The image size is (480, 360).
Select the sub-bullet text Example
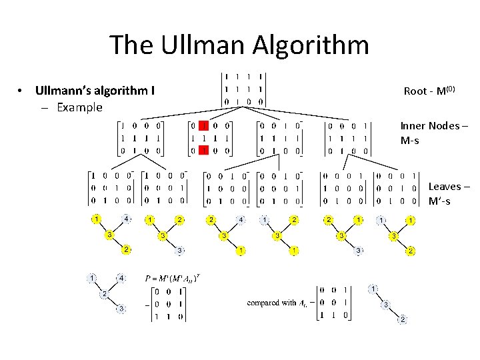click(79, 107)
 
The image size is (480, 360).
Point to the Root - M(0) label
click(429, 91)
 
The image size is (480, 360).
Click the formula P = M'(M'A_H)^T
click(173, 277)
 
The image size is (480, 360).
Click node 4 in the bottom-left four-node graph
click(121, 277)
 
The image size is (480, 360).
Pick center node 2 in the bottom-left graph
click(104, 294)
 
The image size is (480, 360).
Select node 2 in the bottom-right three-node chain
click(402, 320)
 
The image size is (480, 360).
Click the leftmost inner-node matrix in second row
click(140, 137)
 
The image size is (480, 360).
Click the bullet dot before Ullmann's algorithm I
click(22, 90)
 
